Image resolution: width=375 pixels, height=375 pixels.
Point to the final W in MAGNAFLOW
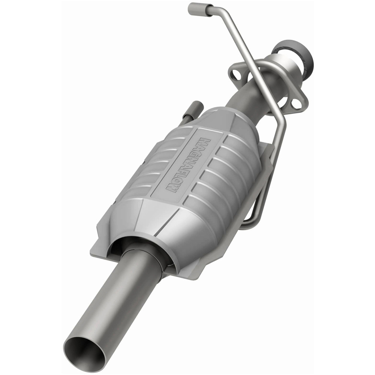(x=172, y=187)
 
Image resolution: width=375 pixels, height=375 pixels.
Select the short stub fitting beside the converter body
(x=196, y=109)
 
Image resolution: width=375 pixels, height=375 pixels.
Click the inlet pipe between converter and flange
(x=244, y=97)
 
